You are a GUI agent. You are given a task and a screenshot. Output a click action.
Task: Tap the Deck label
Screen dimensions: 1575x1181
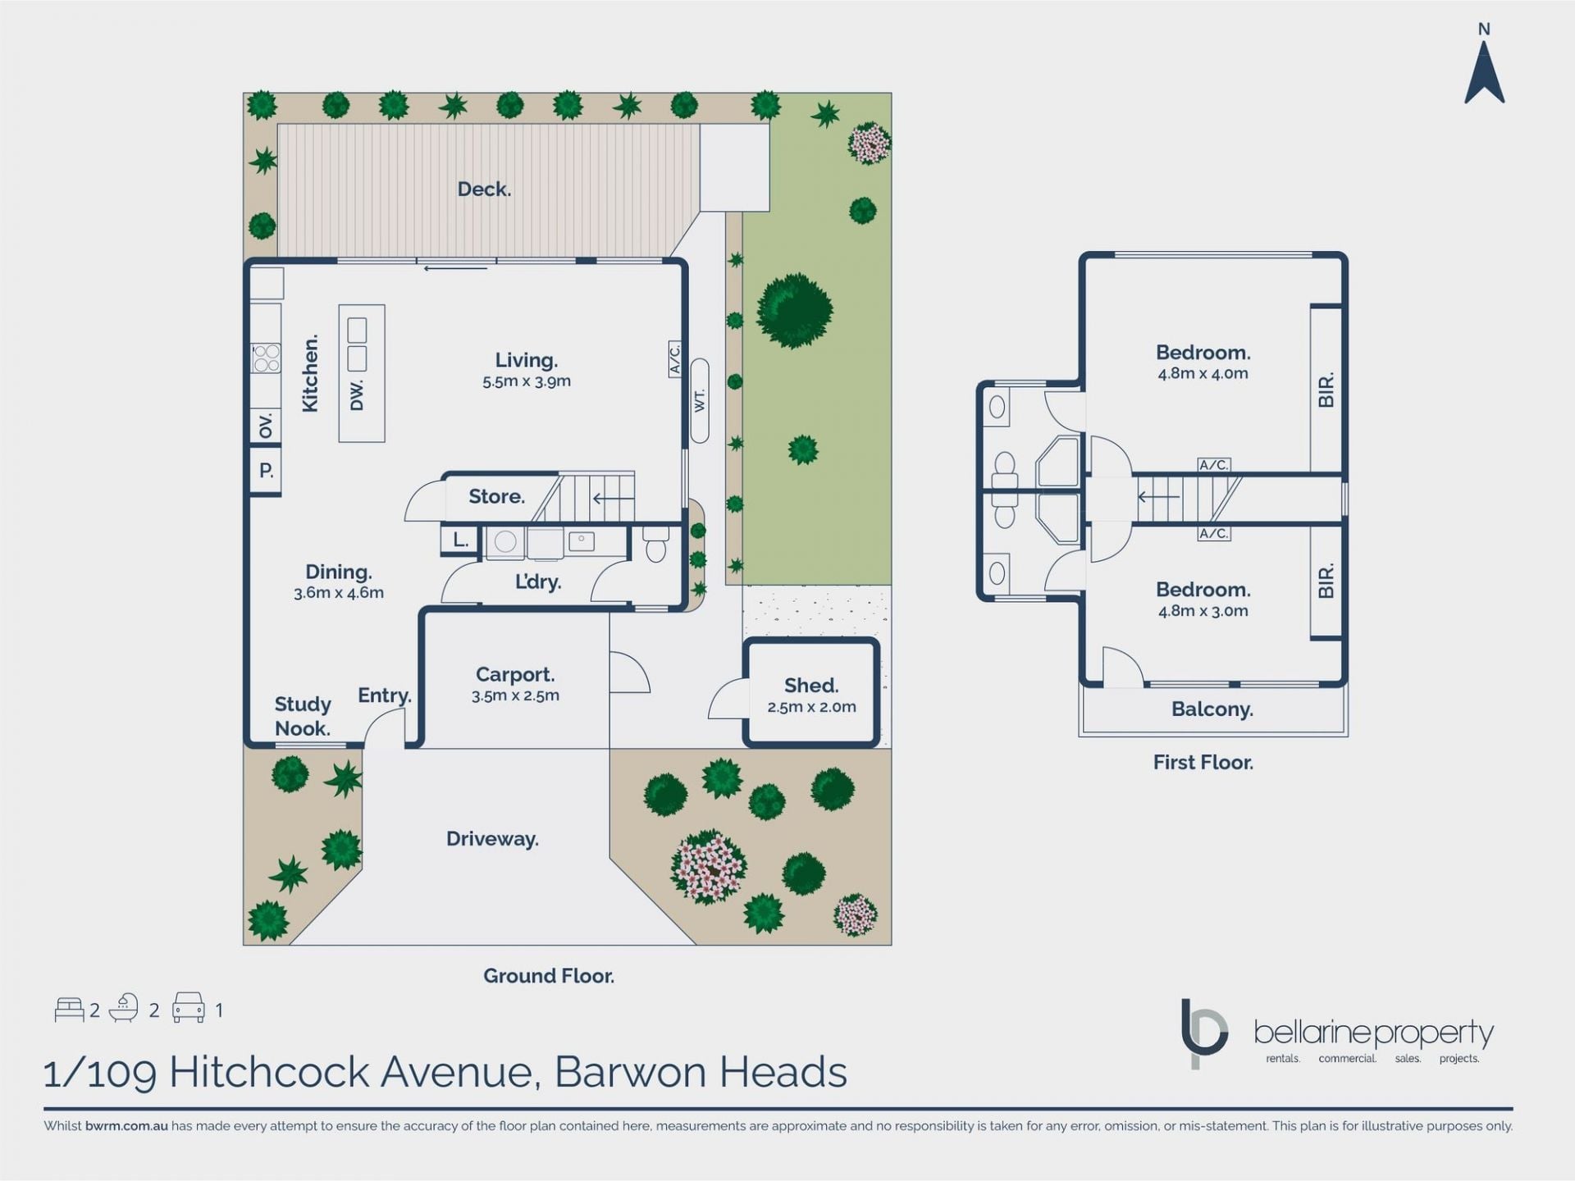click(x=484, y=189)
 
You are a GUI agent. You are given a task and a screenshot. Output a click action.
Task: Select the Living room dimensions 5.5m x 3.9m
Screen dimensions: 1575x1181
click(x=527, y=381)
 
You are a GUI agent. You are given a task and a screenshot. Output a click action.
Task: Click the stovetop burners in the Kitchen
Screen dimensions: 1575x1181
click(x=266, y=358)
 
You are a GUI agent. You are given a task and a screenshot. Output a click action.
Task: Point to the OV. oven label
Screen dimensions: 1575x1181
click(x=266, y=426)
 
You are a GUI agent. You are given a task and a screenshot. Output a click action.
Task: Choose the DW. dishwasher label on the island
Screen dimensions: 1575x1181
click(x=356, y=395)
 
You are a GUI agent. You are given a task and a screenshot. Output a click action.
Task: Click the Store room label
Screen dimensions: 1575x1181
click(x=496, y=496)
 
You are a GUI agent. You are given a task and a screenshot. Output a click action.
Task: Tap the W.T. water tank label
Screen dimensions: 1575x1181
click(x=700, y=401)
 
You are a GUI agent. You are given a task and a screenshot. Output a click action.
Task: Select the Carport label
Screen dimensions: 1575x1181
click(x=515, y=674)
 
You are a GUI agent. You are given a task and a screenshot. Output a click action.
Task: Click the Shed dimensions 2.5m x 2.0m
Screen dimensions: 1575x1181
click(x=811, y=707)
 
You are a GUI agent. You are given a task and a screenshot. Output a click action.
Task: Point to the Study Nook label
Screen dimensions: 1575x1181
click(x=303, y=716)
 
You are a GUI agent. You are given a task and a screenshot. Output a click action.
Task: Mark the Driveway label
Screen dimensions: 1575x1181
click(x=492, y=839)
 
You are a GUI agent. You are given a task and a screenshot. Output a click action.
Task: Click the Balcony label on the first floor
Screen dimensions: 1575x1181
click(x=1212, y=709)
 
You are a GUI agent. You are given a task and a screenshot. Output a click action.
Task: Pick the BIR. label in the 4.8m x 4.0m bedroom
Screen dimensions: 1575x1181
click(x=1326, y=390)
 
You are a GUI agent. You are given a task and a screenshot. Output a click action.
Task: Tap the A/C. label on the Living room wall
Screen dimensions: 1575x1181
click(x=674, y=359)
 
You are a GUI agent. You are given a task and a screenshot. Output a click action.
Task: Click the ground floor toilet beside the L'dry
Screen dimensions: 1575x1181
click(x=656, y=544)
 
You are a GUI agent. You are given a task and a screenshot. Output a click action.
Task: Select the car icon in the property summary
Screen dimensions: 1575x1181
click(x=188, y=1008)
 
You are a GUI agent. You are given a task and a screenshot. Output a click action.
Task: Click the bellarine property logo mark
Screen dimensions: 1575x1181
click(x=1203, y=1033)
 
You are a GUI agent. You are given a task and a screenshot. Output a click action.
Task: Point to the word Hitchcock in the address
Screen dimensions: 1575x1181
click(x=268, y=1072)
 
